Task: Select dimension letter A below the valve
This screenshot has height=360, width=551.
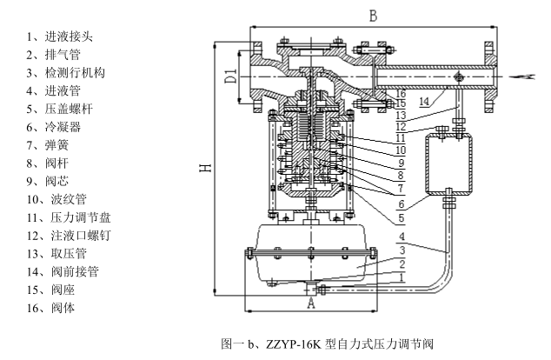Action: click(x=310, y=303)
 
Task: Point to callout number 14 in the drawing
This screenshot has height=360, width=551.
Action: click(x=422, y=103)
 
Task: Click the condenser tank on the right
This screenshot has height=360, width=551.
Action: click(x=449, y=163)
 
